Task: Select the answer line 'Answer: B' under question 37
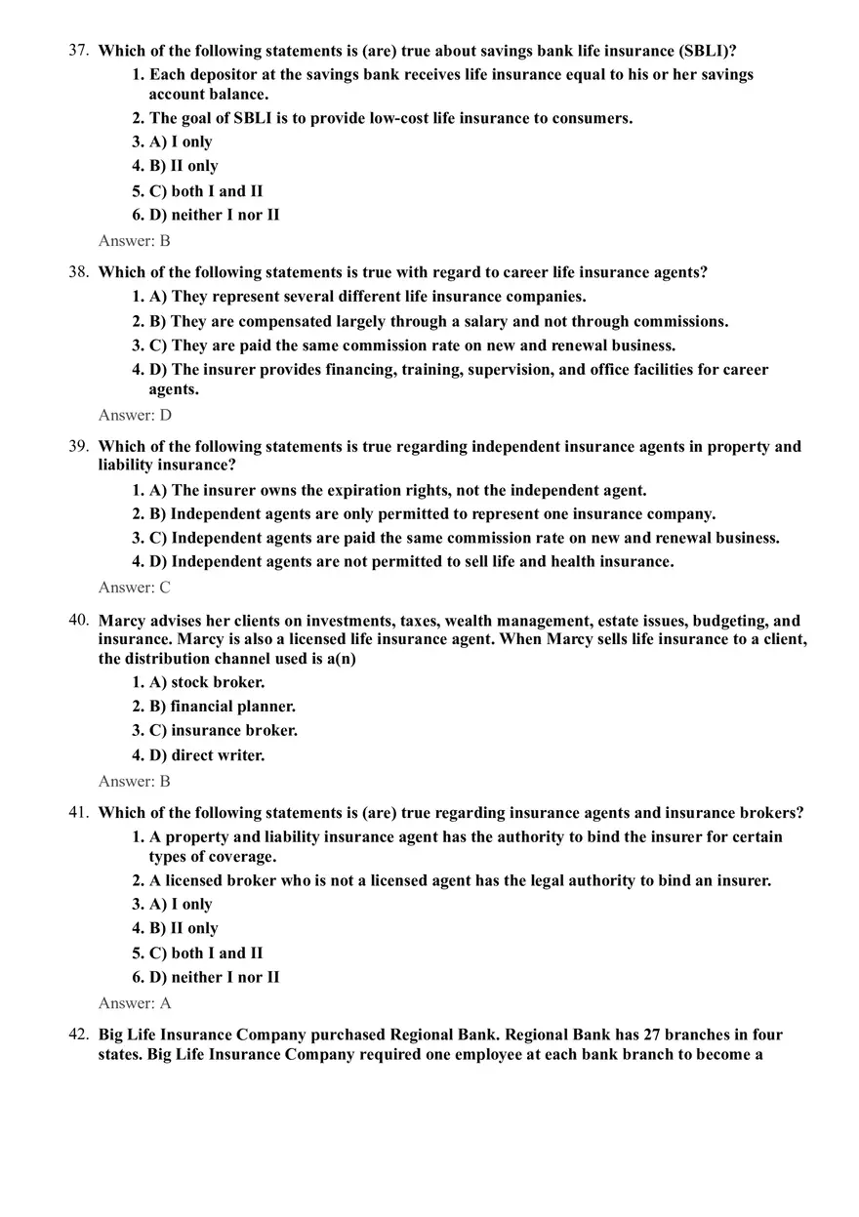pyautogui.click(x=134, y=240)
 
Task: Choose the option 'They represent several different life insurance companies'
pyautogui.click(x=368, y=297)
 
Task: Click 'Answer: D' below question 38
pyautogui.click(x=135, y=415)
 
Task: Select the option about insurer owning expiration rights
pyautogui.click(x=397, y=490)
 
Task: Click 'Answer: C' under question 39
pyautogui.click(x=134, y=588)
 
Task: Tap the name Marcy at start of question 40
pyautogui.click(x=122, y=621)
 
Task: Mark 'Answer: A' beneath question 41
pyautogui.click(x=135, y=1003)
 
